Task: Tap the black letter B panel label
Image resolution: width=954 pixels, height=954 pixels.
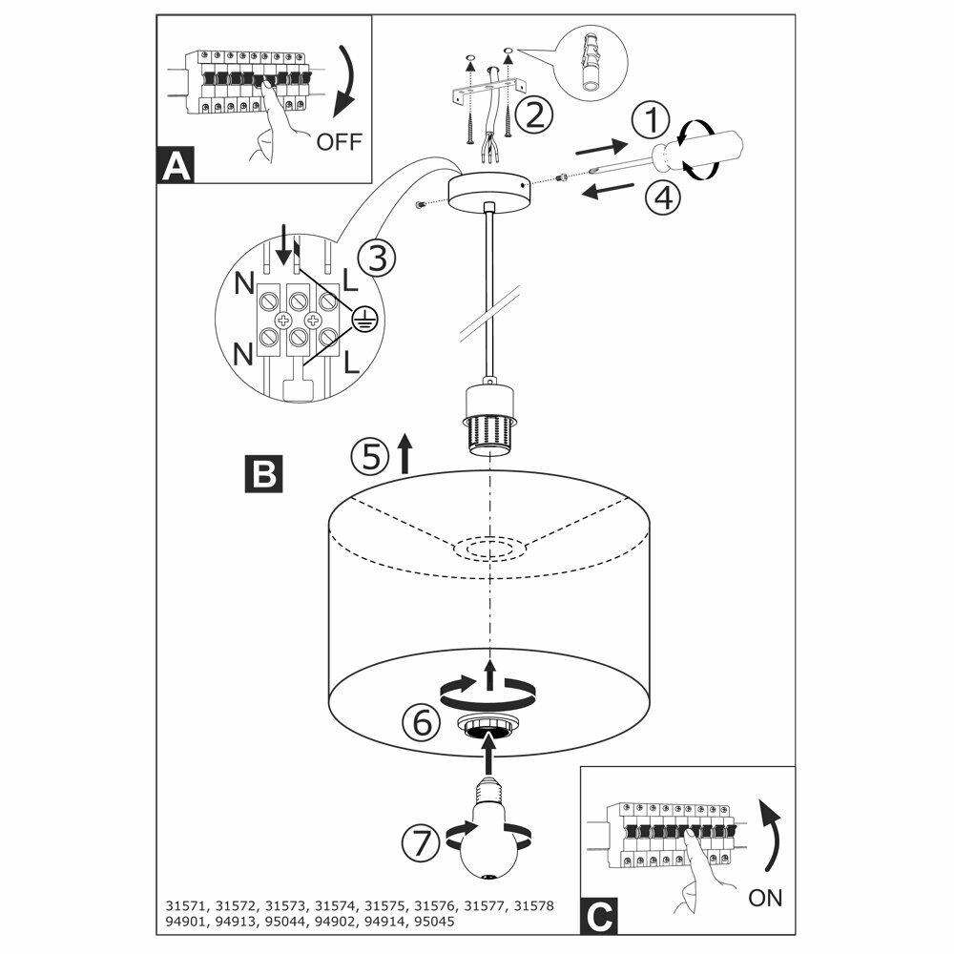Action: [x=263, y=473]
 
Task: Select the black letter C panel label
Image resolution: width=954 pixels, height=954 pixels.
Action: [x=596, y=916]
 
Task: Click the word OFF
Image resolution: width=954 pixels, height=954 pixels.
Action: [x=340, y=142]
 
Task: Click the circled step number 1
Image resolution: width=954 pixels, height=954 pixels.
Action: [x=652, y=121]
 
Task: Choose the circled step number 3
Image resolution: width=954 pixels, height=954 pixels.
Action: [x=375, y=258]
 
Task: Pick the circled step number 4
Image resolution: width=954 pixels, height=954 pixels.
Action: [x=662, y=197]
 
